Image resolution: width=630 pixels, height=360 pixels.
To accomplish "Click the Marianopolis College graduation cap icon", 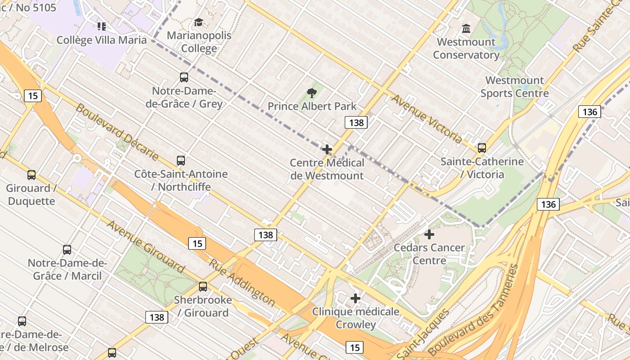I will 198,22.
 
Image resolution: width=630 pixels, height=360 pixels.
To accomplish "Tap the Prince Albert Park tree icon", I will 311,93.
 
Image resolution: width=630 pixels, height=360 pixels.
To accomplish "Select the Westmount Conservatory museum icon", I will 466,29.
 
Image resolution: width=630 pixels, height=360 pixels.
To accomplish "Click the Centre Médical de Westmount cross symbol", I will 327,149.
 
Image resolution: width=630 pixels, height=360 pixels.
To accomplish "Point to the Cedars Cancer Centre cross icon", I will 429,234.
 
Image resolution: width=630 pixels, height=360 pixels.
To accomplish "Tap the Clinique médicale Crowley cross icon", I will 355,298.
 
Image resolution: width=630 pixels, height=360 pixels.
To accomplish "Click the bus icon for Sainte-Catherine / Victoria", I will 482,148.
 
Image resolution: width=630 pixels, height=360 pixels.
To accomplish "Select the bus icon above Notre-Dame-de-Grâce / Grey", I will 184,77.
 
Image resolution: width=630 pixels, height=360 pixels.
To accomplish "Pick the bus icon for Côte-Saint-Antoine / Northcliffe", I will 181,161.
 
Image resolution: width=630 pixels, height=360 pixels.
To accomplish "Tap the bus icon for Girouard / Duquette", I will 31,175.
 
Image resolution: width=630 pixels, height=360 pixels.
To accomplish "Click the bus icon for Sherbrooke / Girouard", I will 203,287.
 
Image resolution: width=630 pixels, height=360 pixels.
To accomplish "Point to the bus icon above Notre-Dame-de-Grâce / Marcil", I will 67,250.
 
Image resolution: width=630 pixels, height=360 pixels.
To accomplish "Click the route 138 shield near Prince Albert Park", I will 356,122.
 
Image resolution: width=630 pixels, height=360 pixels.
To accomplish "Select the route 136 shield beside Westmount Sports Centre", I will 589,112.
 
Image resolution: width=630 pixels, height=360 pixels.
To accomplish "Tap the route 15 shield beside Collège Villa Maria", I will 33,95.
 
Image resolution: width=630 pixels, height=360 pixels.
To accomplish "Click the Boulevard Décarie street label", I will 117,131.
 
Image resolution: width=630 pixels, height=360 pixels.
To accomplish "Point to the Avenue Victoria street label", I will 426,119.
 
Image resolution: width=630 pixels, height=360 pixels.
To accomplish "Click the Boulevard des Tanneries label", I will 472,310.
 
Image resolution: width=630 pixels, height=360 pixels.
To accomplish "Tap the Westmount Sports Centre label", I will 514,87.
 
